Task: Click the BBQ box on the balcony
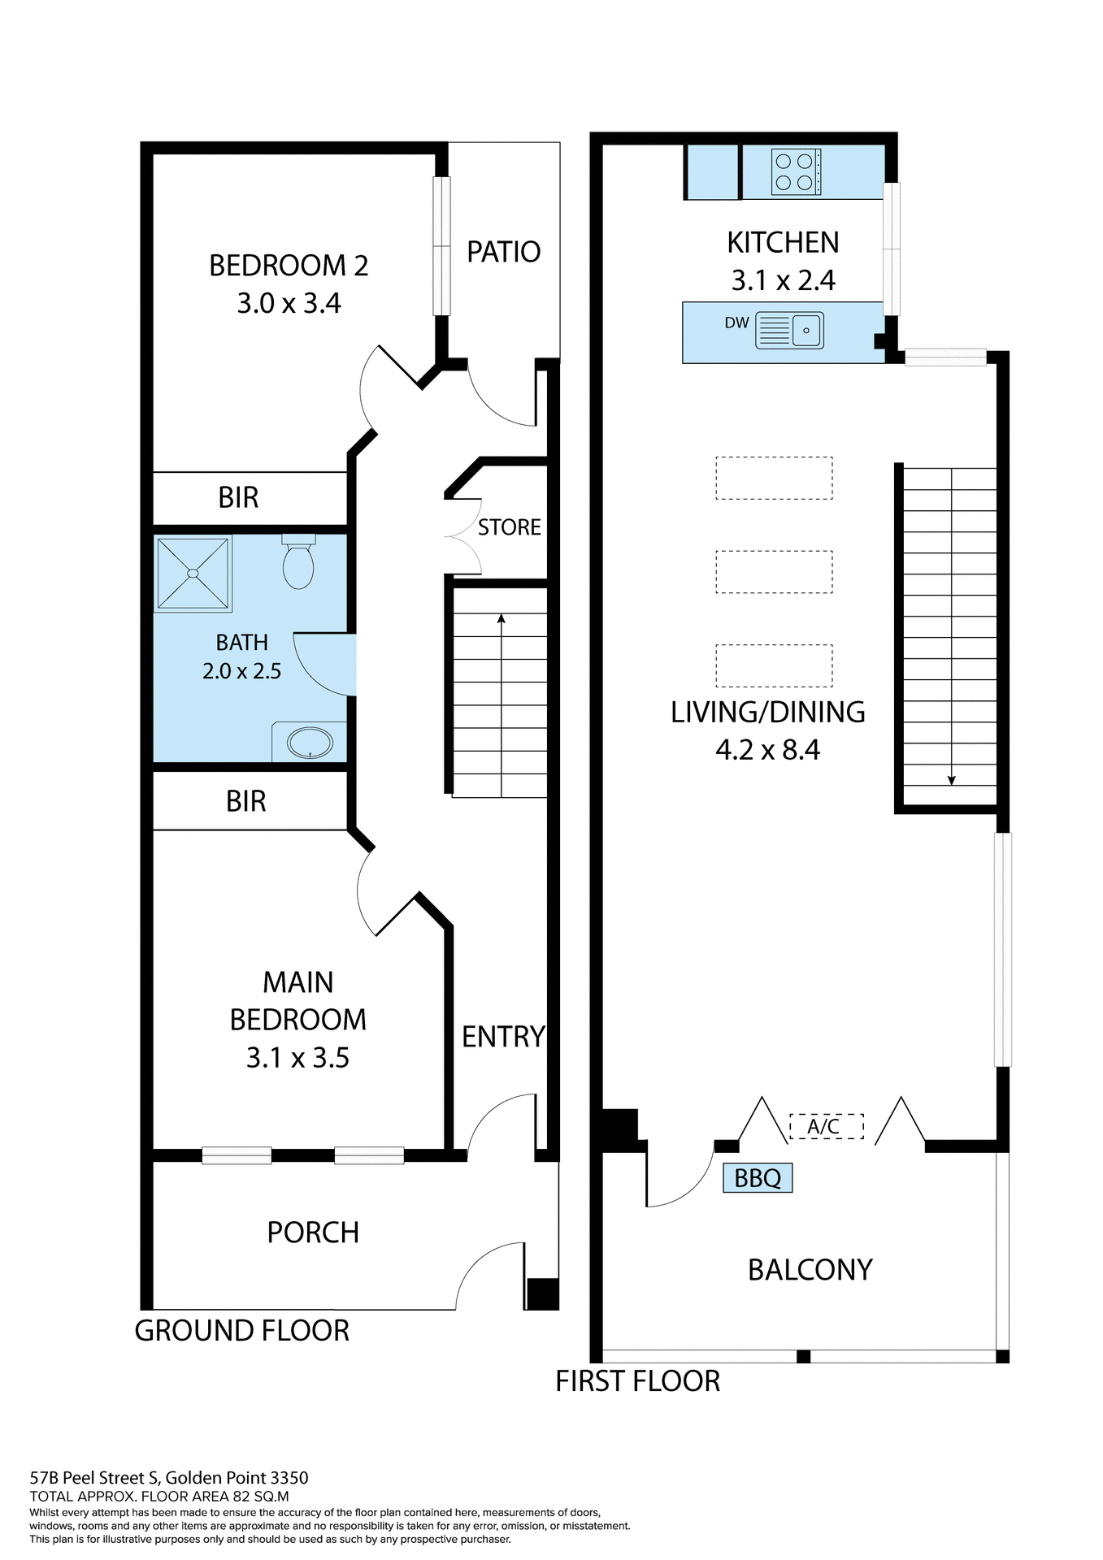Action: (x=757, y=1177)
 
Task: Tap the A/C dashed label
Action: (x=825, y=1126)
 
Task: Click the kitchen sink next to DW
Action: (x=789, y=331)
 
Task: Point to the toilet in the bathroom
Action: (x=298, y=562)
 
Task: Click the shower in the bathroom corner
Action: (x=193, y=573)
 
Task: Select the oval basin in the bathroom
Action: (x=310, y=743)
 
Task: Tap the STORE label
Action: (x=509, y=527)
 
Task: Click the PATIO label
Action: (x=503, y=252)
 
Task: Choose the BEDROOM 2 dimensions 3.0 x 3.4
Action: (x=289, y=304)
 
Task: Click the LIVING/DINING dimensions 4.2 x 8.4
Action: (x=767, y=749)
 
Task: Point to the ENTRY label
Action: (x=503, y=1037)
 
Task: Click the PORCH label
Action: (x=313, y=1233)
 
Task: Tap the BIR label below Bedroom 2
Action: (x=238, y=497)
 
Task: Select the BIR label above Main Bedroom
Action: (x=245, y=801)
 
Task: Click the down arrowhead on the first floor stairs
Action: (x=951, y=781)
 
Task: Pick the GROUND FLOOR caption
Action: (x=241, y=1331)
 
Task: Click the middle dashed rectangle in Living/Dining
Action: (x=774, y=572)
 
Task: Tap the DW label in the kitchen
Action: (x=736, y=323)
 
